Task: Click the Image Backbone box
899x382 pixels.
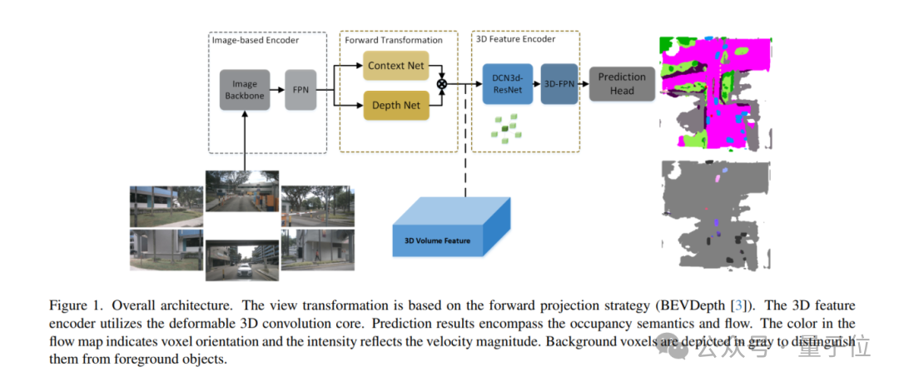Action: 245,90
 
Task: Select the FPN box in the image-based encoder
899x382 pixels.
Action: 300,90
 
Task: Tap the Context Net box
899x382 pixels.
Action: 395,65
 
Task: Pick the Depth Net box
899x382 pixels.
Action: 395,105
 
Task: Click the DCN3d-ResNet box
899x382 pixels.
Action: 507,83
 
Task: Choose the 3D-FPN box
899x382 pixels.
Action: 559,83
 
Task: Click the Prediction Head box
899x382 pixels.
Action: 622,83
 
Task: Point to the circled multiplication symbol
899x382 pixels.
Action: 442,84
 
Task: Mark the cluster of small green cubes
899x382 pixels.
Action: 506,126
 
